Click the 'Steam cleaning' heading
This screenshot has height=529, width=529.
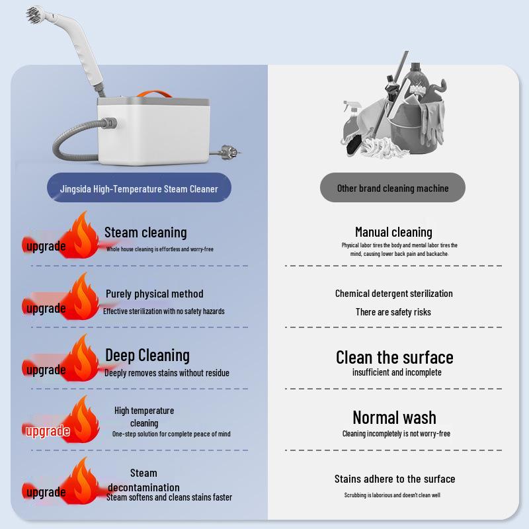click(145, 232)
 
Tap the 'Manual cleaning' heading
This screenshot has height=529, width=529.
click(393, 232)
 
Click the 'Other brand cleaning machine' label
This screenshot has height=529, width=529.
click(393, 188)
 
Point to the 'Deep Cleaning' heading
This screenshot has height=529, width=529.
click(147, 356)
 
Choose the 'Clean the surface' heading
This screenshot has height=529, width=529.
click(395, 358)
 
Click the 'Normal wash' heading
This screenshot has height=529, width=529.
click(395, 418)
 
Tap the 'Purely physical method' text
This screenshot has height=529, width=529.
click(155, 294)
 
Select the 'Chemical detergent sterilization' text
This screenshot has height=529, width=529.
click(394, 294)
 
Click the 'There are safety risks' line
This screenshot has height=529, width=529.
click(393, 312)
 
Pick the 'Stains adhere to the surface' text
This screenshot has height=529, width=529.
click(395, 479)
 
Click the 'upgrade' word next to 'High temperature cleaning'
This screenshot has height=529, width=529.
click(47, 432)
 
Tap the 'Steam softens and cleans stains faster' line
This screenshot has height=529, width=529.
click(169, 497)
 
